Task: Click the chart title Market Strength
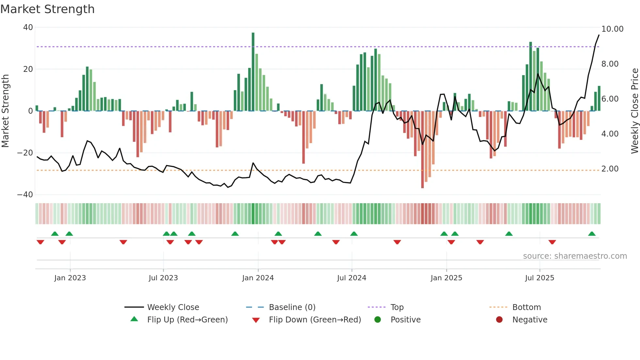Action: click(x=47, y=9)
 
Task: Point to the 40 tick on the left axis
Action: click(x=28, y=27)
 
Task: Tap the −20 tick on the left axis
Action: click(x=25, y=153)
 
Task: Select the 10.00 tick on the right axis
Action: click(x=612, y=29)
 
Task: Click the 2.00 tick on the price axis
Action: click(x=610, y=169)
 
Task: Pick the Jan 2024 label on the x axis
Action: click(x=258, y=278)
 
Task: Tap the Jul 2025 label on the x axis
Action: click(x=539, y=278)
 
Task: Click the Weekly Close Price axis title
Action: click(x=634, y=111)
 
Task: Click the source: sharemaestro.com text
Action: click(x=575, y=256)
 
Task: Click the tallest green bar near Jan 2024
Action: click(x=253, y=72)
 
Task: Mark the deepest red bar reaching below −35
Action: click(x=423, y=150)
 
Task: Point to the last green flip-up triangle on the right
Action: click(x=592, y=234)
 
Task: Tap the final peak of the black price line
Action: click(x=599, y=35)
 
